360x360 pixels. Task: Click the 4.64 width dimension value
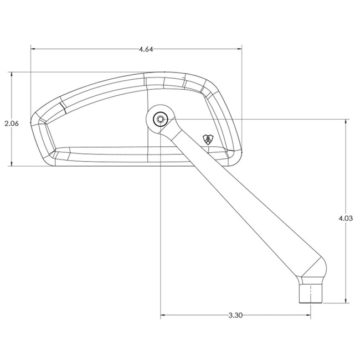[x=146, y=49]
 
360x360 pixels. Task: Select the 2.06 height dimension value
[x=12, y=124]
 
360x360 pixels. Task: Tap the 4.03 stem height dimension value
[x=346, y=218]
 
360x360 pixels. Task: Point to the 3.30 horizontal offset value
[x=235, y=316]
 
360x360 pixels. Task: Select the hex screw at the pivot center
[x=161, y=119]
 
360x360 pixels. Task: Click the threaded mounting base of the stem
[x=310, y=294]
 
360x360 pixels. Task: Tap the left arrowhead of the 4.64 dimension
[x=33, y=49]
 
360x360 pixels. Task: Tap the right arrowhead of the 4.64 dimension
[x=240, y=49]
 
